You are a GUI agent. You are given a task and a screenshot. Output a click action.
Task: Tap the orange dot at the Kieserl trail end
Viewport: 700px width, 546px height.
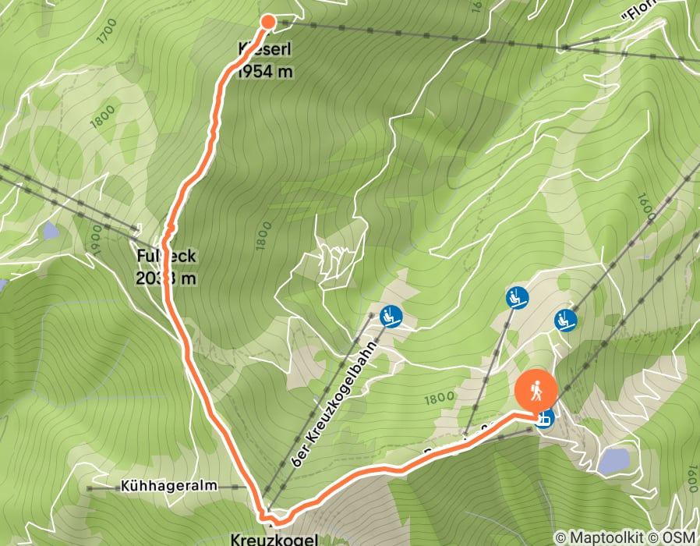pyautogui.click(x=267, y=22)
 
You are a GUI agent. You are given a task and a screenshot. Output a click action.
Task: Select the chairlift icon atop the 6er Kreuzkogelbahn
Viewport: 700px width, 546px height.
pyautogui.click(x=391, y=317)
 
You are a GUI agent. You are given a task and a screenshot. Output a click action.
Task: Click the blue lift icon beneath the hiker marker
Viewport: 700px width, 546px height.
pyautogui.click(x=545, y=419)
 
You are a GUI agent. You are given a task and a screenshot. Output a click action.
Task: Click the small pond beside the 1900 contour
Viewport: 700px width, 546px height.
pyautogui.click(x=51, y=230)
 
